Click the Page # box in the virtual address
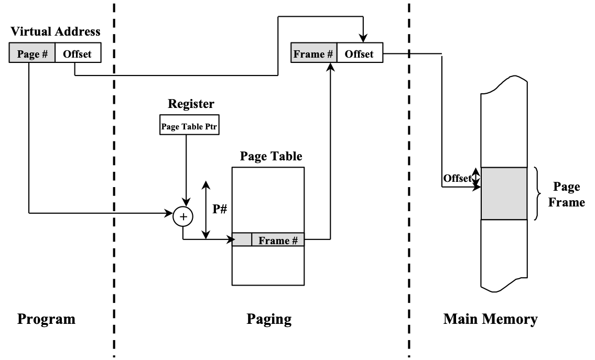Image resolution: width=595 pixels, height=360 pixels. click(x=32, y=54)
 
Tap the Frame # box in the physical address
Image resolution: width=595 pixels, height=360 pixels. click(x=313, y=54)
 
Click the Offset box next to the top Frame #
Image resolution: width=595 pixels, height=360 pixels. click(x=359, y=54)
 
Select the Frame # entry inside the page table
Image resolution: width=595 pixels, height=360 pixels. click(x=278, y=240)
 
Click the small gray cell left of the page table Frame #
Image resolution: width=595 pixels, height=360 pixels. click(x=242, y=240)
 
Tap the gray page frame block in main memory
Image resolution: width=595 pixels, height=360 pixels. click(x=504, y=193)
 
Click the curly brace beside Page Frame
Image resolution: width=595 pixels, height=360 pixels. click(x=537, y=193)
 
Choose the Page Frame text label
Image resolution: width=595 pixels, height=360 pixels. click(x=566, y=194)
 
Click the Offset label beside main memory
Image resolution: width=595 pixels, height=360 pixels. click(x=457, y=178)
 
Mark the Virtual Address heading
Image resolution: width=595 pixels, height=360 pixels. click(x=55, y=32)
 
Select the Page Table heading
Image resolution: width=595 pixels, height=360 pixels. click(x=271, y=156)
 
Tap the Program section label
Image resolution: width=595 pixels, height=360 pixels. click(x=47, y=319)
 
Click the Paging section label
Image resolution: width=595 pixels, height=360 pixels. click(x=269, y=319)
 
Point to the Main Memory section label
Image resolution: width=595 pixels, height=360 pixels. click(x=490, y=319)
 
